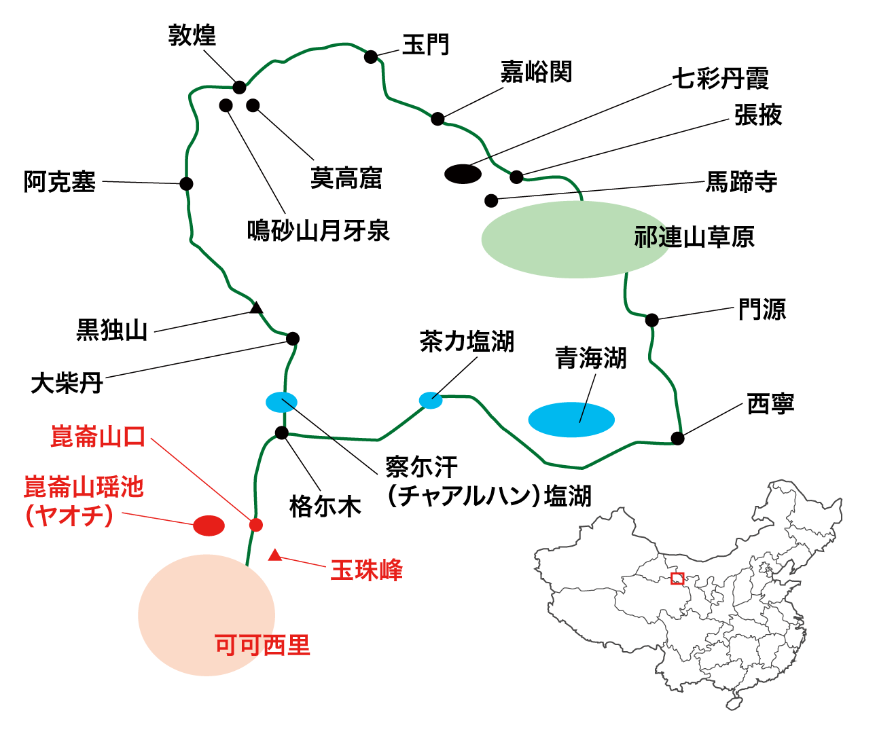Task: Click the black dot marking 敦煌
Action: point(239,87)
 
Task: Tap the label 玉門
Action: point(426,45)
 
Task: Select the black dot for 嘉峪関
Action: point(438,119)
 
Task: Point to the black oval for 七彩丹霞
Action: point(463,174)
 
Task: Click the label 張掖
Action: point(758,115)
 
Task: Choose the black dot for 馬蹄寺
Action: point(491,200)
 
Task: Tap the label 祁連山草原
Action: point(694,237)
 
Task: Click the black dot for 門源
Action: point(651,320)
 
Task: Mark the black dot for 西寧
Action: point(677,438)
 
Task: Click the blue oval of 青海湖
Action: point(571,420)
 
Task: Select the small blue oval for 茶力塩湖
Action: point(431,400)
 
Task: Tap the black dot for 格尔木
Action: point(282,433)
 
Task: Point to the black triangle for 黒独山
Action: point(256,308)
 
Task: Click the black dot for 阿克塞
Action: point(186,183)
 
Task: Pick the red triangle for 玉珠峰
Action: point(274,555)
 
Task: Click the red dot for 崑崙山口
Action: point(255,524)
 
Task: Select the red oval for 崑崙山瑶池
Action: point(209,525)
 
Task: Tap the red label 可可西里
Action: point(262,644)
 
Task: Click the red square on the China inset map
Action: point(677,579)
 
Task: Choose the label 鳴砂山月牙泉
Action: point(318,231)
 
